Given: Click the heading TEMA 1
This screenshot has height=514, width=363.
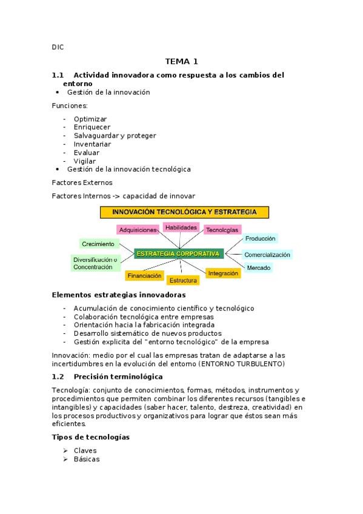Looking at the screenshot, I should tap(181, 61).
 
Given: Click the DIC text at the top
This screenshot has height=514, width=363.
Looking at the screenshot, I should tap(58, 47).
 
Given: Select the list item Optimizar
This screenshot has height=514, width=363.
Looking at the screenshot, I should tap(90, 119).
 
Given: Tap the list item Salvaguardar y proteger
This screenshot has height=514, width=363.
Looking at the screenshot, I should tap(115, 136).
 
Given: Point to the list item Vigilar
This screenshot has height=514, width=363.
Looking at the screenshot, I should tap(85, 161).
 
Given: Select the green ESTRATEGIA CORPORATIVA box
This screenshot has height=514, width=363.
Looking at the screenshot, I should tap(179, 253).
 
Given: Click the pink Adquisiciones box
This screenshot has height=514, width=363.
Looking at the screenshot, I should tap(138, 230).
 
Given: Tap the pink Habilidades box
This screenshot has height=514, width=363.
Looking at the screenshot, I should tap(181, 227).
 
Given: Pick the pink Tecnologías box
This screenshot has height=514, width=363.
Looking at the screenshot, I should tap(222, 230).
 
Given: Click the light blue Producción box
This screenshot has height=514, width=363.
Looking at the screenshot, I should tap(261, 239).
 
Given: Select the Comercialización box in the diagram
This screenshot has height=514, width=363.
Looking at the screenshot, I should tap(267, 255).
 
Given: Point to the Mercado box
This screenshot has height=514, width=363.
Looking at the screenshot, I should tap(259, 267).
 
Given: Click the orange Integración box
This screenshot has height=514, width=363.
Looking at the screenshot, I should tap(223, 273).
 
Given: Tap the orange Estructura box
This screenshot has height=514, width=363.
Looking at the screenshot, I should tap(183, 281).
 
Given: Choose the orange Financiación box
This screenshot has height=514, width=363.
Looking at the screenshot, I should tap(144, 275).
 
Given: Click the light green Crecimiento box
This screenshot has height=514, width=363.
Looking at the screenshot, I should tap(98, 244).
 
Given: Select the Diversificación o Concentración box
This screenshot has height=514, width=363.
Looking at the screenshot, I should tap(95, 263).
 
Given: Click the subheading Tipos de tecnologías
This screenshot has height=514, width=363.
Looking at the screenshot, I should tap(91, 437).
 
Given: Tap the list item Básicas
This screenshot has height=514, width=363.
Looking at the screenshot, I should tap(87, 459).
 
